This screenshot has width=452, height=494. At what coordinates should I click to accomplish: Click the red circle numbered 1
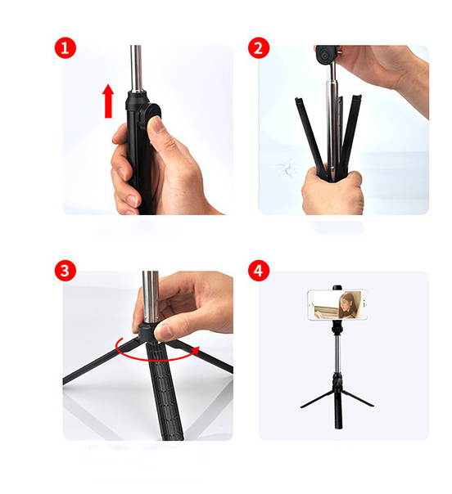click(66, 47)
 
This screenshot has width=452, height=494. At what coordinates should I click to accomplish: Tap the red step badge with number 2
click(260, 47)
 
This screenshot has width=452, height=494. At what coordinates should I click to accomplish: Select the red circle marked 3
click(66, 271)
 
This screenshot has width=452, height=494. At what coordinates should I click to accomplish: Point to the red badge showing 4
click(260, 271)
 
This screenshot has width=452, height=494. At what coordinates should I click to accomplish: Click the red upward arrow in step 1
click(108, 101)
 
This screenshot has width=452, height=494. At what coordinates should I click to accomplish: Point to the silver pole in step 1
click(136, 70)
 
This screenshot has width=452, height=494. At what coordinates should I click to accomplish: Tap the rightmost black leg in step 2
click(354, 131)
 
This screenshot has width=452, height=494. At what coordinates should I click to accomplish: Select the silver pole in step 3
click(149, 299)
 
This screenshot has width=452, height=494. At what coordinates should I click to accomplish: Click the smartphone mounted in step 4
click(336, 305)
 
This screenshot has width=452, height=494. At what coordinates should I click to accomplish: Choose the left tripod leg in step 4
click(316, 397)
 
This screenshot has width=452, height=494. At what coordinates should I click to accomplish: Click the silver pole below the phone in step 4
click(337, 352)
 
